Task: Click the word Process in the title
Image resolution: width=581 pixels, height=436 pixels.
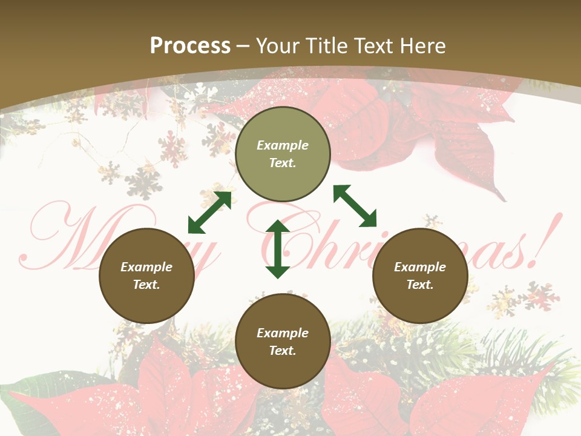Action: tap(190, 45)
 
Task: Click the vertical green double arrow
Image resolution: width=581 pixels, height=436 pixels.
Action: tap(278, 249)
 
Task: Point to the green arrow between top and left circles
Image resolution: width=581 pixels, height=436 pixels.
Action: tap(209, 213)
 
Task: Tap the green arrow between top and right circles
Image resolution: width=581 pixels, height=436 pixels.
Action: tap(355, 206)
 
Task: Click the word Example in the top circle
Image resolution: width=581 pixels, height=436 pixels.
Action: tap(283, 145)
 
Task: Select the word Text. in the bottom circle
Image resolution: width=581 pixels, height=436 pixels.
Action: tap(283, 351)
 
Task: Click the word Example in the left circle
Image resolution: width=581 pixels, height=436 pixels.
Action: tap(146, 267)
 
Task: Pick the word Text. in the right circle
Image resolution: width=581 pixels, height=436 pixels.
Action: tap(420, 285)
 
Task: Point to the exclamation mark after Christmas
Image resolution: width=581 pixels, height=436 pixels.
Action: tap(547, 239)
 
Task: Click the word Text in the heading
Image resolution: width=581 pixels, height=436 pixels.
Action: tap(373, 45)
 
